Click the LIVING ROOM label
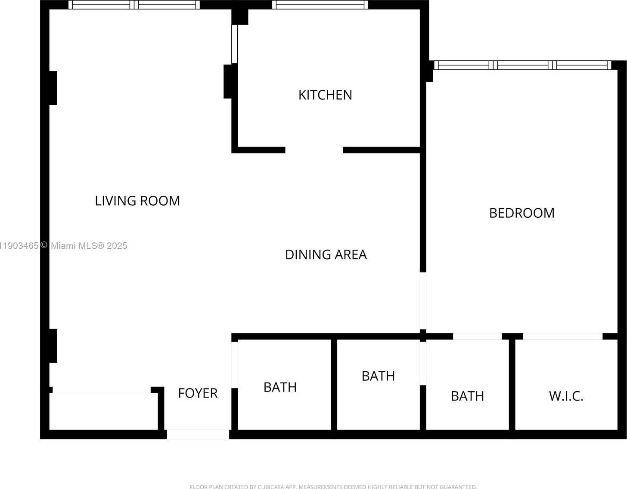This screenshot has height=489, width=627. coord(137,201)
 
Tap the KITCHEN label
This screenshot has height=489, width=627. coord(325,95)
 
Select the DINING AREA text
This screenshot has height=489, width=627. coord(326,255)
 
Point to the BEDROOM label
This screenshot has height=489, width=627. coord(521,213)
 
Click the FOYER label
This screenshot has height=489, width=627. coord(198,393)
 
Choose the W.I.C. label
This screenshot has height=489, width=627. coord(566,396)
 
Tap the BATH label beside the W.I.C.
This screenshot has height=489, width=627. coord(467,396)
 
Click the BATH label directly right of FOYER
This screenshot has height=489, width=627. coord(280,388)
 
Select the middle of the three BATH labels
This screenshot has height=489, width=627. coord(378,376)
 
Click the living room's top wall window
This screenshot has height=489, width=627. coord(134,5)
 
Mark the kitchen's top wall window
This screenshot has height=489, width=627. coord(320,5)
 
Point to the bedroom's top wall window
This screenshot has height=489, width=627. coord(522,65)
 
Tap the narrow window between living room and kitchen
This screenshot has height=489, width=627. coord(235,44)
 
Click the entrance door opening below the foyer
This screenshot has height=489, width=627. coord(198,434)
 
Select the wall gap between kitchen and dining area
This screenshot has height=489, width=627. coord(314,150)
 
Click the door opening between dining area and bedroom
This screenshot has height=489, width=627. coord(423,301)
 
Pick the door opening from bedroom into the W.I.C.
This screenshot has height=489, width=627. coord(562,336)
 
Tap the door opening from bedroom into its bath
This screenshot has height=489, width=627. coord(477,336)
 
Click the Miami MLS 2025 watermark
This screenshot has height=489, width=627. coord(64,246)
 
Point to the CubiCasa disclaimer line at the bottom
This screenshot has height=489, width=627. coord(333,486)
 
